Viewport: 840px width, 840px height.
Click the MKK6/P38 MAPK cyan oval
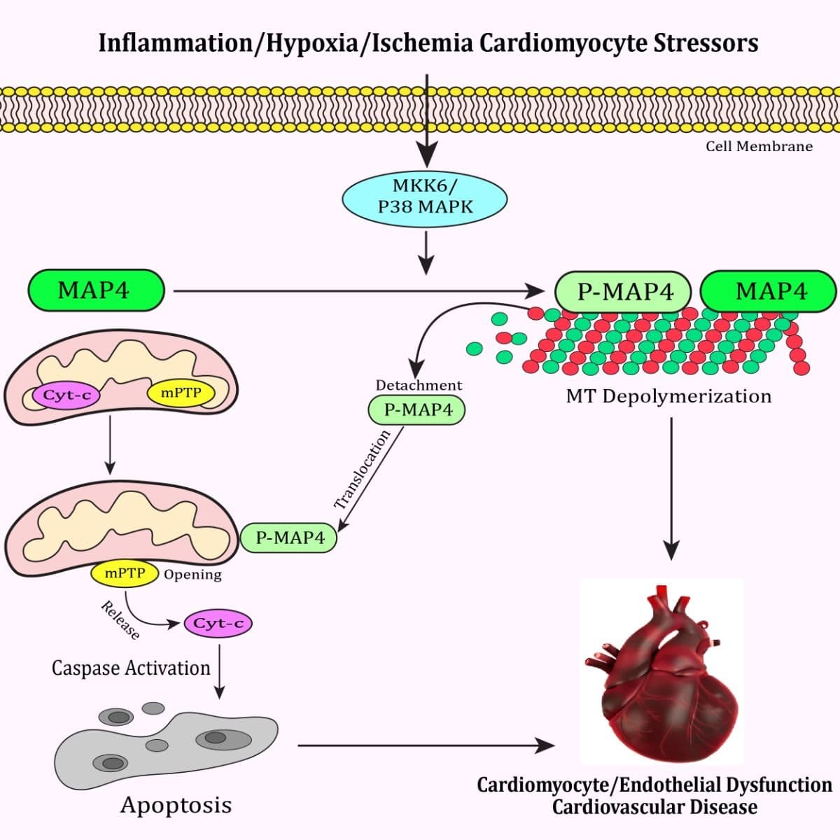(x=424, y=197)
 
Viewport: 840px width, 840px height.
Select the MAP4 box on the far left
(x=96, y=290)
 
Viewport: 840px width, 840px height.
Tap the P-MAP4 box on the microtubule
(x=624, y=291)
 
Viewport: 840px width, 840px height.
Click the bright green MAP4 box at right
(x=769, y=291)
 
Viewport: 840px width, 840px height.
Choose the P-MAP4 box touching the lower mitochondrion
(x=289, y=537)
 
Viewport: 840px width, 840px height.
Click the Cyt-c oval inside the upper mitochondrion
(x=66, y=395)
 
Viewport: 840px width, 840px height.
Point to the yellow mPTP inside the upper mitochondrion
(x=181, y=393)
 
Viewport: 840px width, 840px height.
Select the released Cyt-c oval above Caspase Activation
(x=218, y=623)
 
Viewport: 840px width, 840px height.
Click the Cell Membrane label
(x=759, y=146)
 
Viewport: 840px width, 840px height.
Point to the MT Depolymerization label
(x=668, y=396)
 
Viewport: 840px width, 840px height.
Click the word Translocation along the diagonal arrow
(x=362, y=470)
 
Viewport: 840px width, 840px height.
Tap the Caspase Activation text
(x=131, y=668)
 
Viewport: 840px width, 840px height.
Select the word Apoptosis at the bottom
(x=176, y=804)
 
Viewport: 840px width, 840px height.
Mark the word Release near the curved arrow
(x=120, y=620)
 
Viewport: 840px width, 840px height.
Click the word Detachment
(x=419, y=385)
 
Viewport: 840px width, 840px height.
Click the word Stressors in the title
(x=706, y=43)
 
